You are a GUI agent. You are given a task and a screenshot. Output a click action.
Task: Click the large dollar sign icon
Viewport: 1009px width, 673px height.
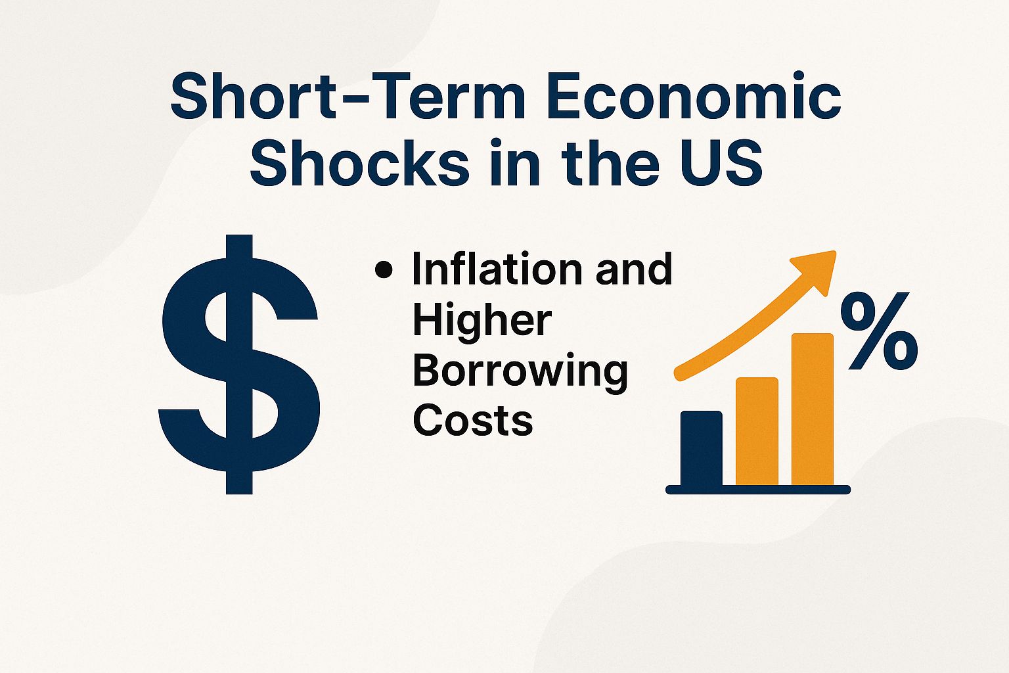pyautogui.click(x=239, y=365)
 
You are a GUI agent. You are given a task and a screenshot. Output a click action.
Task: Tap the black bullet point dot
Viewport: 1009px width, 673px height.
pyautogui.click(x=383, y=269)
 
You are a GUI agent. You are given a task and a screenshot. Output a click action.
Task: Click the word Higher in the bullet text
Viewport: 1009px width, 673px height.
pyautogui.click(x=482, y=320)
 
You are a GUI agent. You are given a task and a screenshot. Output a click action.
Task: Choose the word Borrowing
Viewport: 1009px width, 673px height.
pyautogui.click(x=520, y=371)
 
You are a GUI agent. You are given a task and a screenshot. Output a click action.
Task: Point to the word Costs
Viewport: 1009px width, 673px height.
pyautogui.click(x=472, y=420)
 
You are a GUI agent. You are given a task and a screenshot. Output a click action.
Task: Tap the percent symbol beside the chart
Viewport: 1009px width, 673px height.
pyautogui.click(x=879, y=331)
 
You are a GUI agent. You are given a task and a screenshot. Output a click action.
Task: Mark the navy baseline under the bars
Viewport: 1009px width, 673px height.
pyautogui.click(x=758, y=490)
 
